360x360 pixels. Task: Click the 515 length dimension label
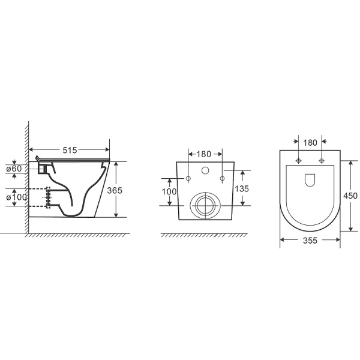(x=70, y=150)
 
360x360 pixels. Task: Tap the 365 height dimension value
(x=115, y=190)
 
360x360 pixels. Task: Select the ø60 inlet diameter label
(x=14, y=169)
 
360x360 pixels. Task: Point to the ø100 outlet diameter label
(x=17, y=197)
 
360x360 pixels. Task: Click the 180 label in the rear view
(x=204, y=154)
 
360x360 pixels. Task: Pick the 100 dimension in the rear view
(x=169, y=191)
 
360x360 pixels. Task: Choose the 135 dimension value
(x=242, y=188)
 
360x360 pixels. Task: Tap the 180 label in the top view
(x=310, y=143)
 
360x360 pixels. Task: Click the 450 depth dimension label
(x=350, y=196)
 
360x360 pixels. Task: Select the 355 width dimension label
(x=310, y=241)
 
